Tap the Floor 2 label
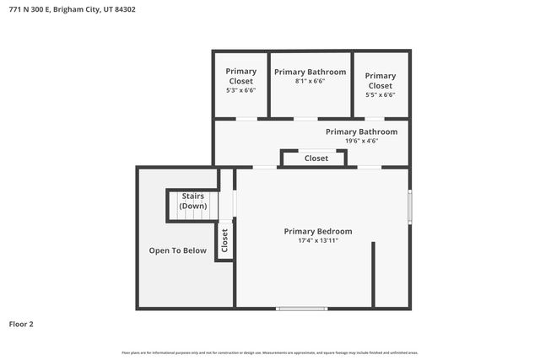point(21,323)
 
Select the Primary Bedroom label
point(317,231)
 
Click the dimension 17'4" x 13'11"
point(317,240)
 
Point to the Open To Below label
point(177,250)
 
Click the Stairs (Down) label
point(193,201)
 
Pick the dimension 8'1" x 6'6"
point(310,82)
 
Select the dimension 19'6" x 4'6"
point(361,141)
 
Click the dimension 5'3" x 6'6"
point(240,90)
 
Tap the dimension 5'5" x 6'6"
point(380,94)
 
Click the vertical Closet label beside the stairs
point(224,241)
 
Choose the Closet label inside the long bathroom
point(316,159)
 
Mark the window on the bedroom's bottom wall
point(302,309)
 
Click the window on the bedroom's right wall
point(410,205)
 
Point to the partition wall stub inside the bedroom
point(373,275)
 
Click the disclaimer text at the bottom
point(270,352)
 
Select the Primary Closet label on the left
point(240,77)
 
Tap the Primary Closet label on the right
point(380,81)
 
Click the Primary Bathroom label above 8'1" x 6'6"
point(310,72)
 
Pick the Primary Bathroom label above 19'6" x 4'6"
point(361,132)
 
